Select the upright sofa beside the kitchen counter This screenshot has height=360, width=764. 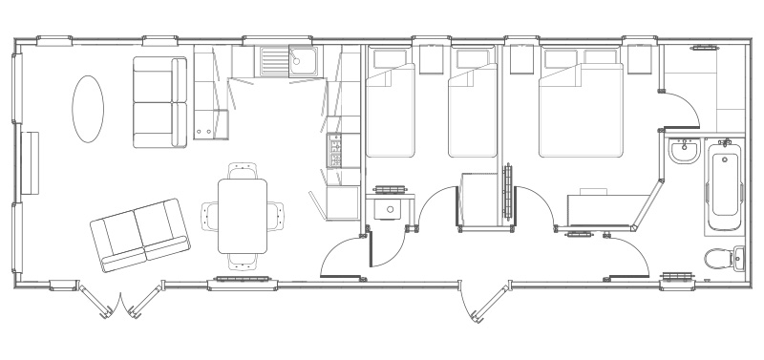point(160,102)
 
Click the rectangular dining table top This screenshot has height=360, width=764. point(243,216)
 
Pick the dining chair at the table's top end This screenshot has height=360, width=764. point(243,171)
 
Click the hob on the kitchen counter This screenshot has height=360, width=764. point(335,151)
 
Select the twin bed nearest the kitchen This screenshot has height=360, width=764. point(391,107)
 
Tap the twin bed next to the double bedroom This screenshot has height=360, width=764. point(475,107)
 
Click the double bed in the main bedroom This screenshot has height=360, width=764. point(593,105)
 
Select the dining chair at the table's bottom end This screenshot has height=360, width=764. point(243,260)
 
